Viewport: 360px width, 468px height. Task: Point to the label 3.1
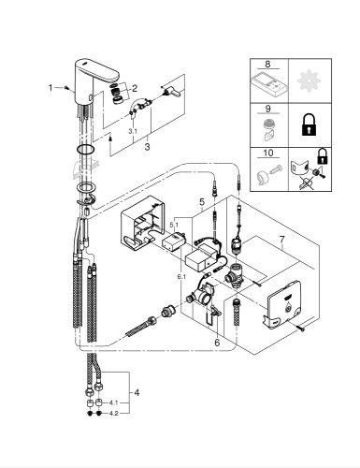click(x=133, y=132)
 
